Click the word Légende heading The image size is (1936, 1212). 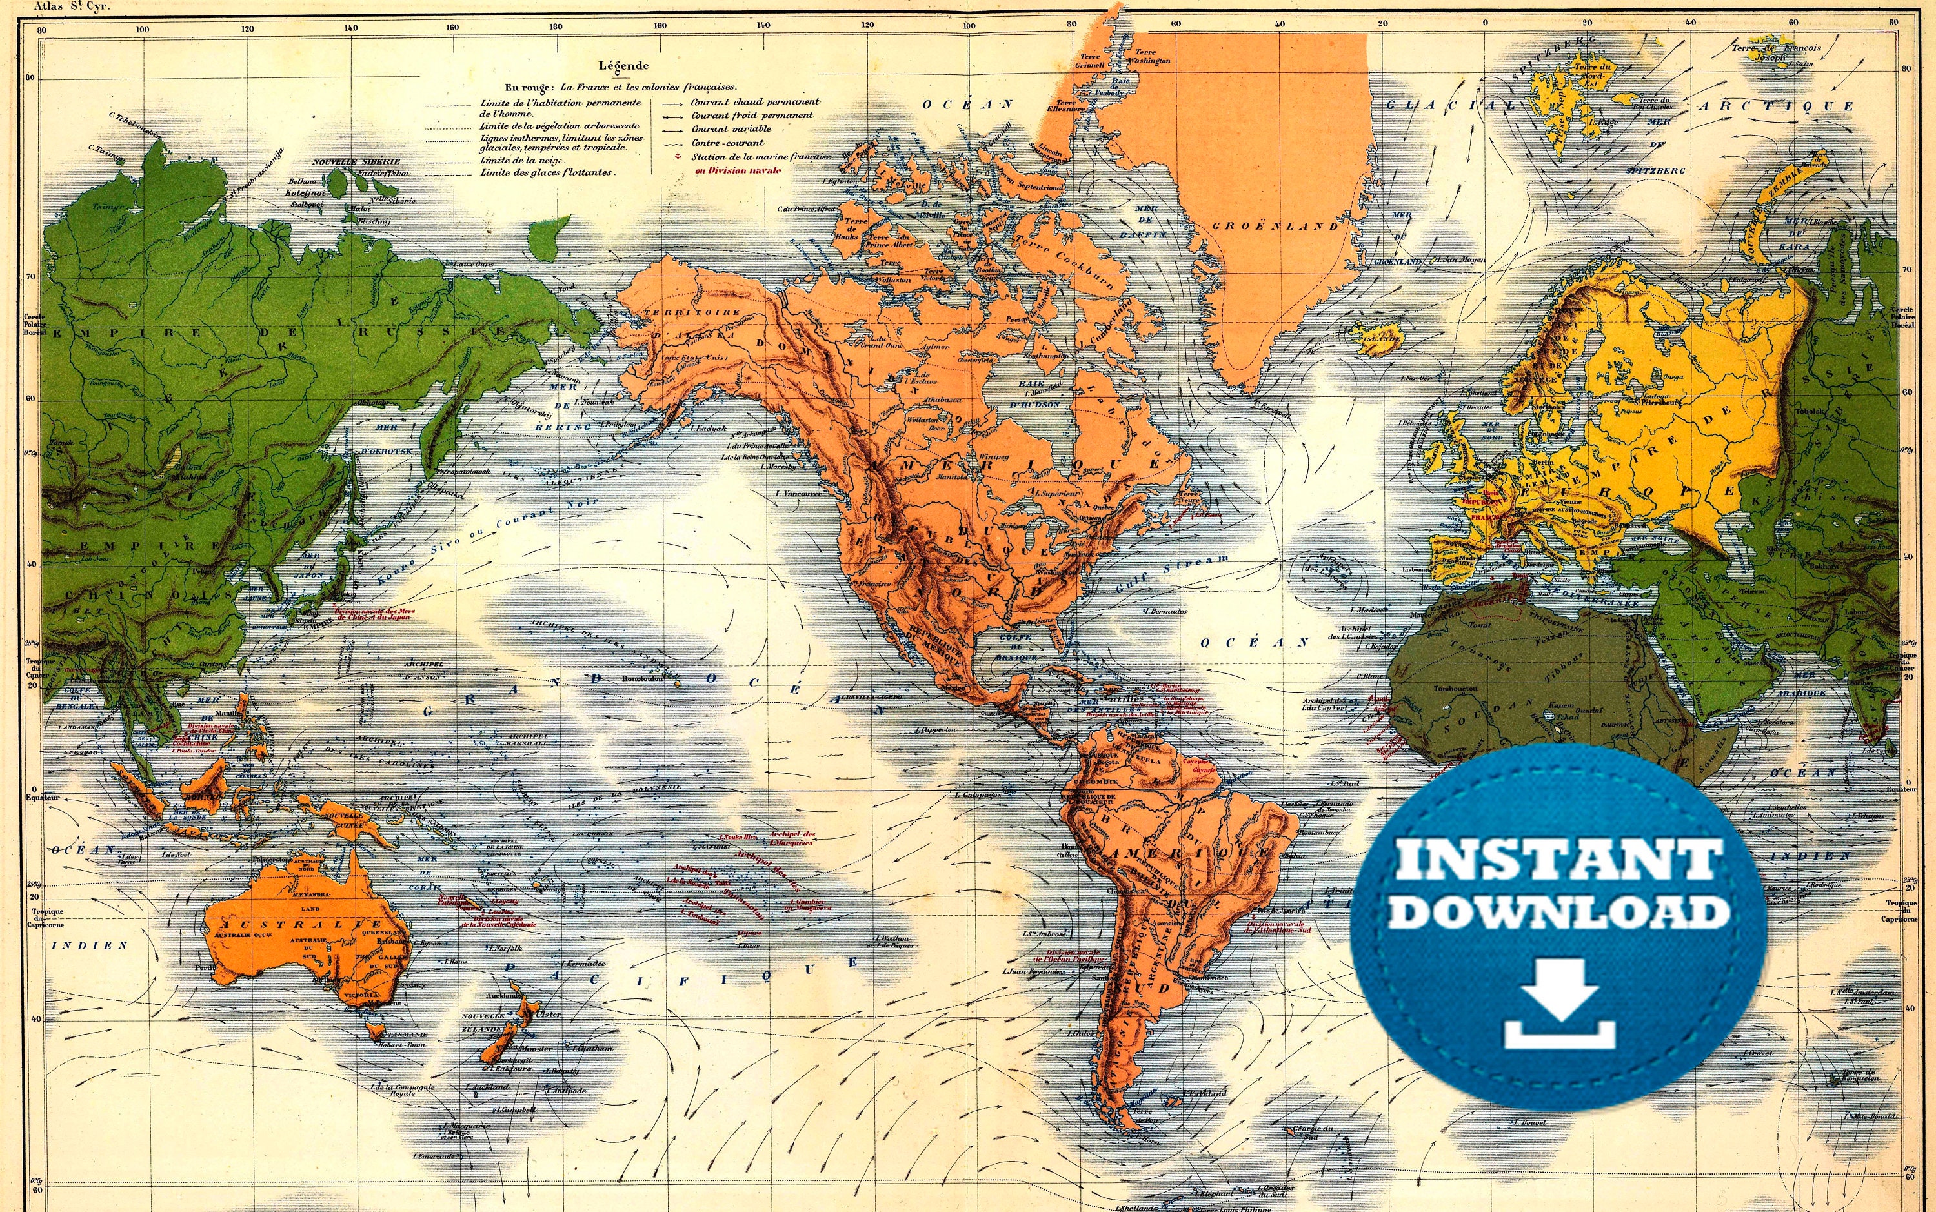tap(623, 66)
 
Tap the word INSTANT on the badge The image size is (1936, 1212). tap(1559, 861)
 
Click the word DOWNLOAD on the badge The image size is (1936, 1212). tap(1558, 911)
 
